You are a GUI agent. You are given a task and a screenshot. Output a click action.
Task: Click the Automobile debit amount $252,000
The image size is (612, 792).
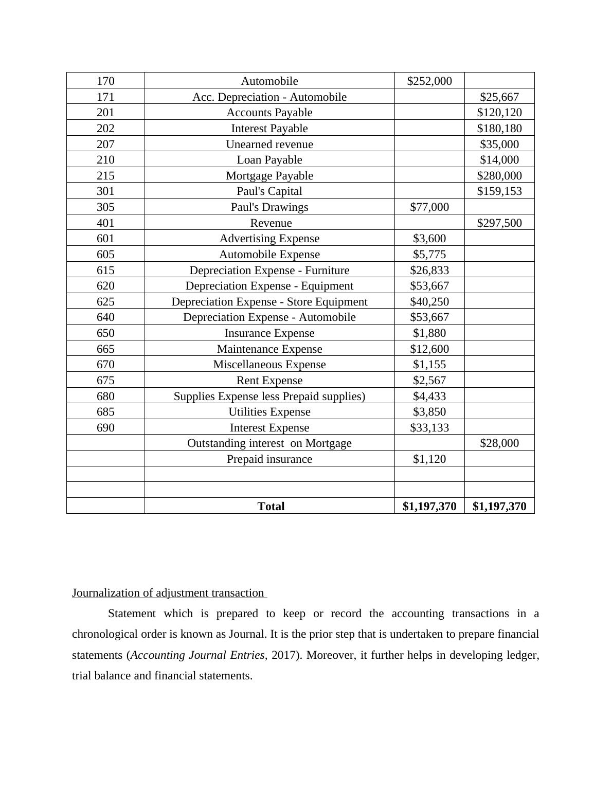pyautogui.click(x=429, y=81)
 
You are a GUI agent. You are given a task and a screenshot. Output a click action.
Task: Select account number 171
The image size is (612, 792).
pyautogui.click(x=105, y=97)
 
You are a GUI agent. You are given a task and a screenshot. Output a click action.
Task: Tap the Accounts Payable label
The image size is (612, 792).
pyautogui.click(x=269, y=113)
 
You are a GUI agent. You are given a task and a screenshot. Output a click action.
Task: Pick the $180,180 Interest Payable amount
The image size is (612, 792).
pyautogui.click(x=499, y=129)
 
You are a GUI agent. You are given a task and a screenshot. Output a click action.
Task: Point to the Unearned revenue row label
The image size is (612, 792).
pyautogui.click(x=269, y=145)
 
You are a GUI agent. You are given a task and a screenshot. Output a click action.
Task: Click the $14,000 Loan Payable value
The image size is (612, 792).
pyautogui.click(x=499, y=160)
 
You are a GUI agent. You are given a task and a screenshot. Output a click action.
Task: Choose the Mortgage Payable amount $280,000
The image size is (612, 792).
pyautogui.click(x=499, y=176)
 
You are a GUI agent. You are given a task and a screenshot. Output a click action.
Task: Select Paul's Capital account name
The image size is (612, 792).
pyautogui.click(x=269, y=191)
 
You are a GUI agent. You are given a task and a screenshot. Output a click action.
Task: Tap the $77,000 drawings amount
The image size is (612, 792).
pyautogui.click(x=429, y=207)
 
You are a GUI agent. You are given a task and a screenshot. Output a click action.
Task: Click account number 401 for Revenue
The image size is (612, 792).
pyautogui.click(x=105, y=223)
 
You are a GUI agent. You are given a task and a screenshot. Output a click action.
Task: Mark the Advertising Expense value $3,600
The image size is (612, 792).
pyautogui.click(x=429, y=239)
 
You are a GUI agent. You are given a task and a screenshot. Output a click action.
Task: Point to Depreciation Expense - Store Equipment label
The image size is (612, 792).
pyautogui.click(x=269, y=302)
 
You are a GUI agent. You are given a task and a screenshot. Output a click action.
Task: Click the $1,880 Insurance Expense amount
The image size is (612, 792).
pyautogui.click(x=429, y=333)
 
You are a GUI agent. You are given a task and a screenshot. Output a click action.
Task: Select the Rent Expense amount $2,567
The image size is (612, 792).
pyautogui.click(x=429, y=381)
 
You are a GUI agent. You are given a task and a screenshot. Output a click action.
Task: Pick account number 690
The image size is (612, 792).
pyautogui.click(x=105, y=428)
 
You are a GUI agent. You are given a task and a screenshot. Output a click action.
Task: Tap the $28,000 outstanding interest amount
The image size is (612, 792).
pyautogui.click(x=499, y=443)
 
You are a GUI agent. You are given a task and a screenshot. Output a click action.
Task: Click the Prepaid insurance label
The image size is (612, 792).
pyautogui.click(x=269, y=459)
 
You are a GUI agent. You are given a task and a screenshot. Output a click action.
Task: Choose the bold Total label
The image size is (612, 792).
pyautogui.click(x=271, y=507)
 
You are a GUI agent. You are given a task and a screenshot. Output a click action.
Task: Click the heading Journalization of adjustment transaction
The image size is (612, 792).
pyautogui.click(x=168, y=593)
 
